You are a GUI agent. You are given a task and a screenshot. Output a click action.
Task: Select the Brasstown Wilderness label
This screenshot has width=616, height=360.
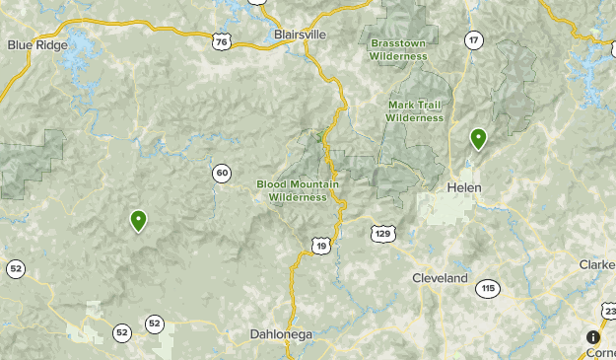[399, 49]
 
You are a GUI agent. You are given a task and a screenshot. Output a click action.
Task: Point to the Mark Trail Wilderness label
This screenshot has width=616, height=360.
[414, 111]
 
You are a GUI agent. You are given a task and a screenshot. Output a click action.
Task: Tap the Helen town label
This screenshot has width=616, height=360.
[463, 186]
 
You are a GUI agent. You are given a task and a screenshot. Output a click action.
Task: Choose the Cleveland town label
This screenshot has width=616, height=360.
[440, 278]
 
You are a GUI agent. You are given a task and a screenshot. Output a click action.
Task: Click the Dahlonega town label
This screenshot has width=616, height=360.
[281, 334]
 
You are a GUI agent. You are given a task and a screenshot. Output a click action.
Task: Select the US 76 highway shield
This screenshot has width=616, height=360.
[222, 40]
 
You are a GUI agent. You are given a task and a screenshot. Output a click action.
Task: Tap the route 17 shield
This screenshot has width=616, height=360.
[475, 39]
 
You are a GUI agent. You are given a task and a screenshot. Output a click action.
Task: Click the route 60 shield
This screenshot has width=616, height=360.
[222, 174]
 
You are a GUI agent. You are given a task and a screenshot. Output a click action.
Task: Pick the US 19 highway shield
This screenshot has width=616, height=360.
[318, 244]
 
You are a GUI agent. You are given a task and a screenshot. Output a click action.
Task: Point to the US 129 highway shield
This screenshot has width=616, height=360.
[383, 233]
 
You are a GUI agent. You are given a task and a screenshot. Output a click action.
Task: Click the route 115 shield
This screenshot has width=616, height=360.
[487, 288]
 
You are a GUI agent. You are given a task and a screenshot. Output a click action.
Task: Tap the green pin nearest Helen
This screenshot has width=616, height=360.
[478, 139]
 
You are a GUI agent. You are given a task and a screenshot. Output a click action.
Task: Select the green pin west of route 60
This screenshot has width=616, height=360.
[138, 221]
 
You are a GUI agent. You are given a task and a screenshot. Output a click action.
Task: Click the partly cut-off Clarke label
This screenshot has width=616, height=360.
[597, 264]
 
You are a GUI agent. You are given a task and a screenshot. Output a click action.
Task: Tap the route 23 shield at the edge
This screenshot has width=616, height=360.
[609, 312]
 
